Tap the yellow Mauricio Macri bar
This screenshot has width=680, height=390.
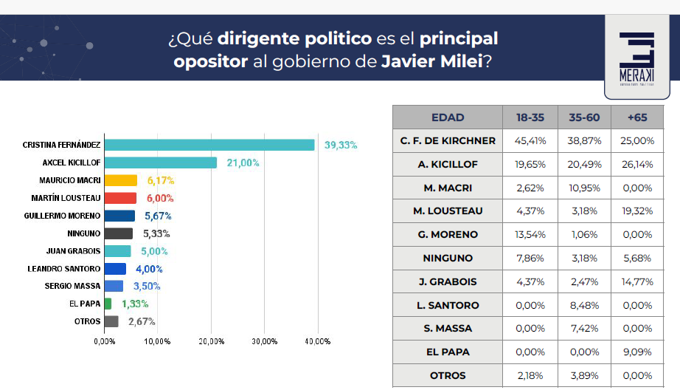pos(121,180)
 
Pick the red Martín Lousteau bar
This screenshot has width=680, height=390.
pos(120,198)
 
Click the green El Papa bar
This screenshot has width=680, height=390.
pos(108,304)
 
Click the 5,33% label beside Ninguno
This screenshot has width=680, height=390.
pos(156,233)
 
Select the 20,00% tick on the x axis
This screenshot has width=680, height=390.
pos(212,341)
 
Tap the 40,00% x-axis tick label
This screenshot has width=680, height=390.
pos(318,341)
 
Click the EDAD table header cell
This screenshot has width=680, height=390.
pos(447,117)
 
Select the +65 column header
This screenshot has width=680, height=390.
pos(637,117)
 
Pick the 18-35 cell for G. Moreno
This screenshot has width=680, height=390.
pos(530,234)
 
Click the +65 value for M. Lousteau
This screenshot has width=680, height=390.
pos(637,211)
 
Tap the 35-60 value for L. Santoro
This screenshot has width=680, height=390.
pos(584,305)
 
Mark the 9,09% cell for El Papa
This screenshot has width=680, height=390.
pos(637,352)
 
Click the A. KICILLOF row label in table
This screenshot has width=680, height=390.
pos(447,164)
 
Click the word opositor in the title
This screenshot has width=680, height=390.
pos(211,61)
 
